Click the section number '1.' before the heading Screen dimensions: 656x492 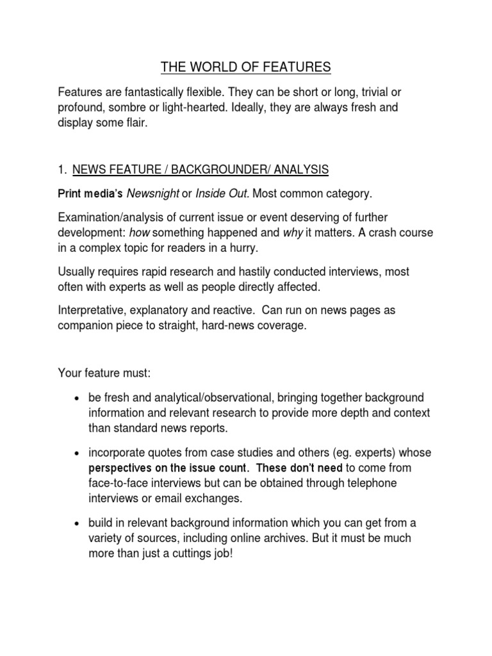(x=62, y=169)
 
